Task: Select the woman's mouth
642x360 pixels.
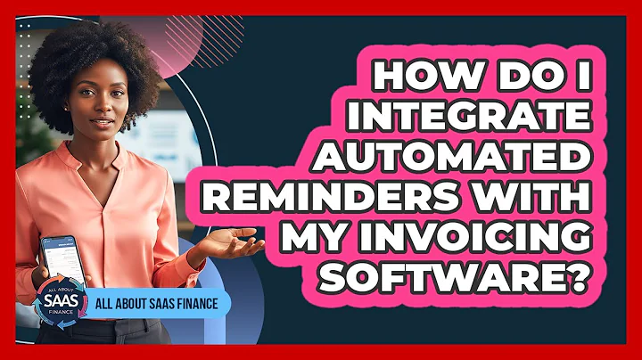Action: pyautogui.click(x=101, y=116)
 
